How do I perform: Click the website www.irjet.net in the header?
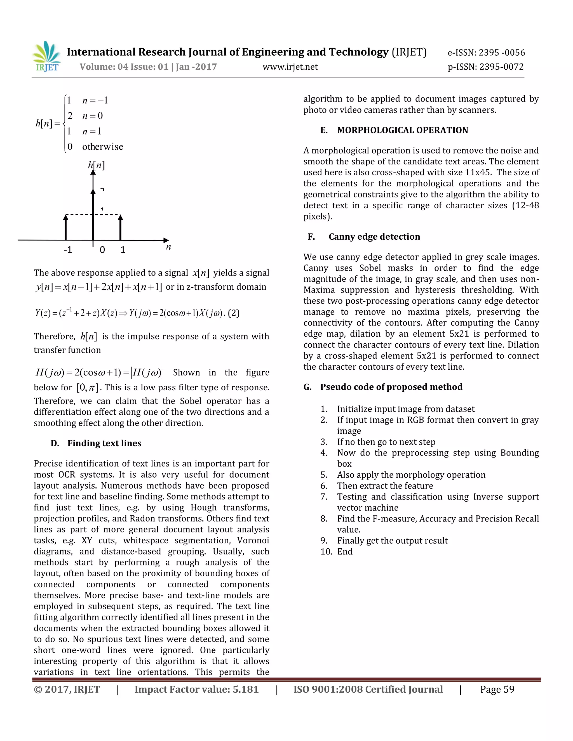(x=290, y=67)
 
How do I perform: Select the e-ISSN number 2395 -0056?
(x=502, y=53)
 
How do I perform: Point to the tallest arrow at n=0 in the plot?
(x=93, y=204)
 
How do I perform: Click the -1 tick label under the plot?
(x=68, y=250)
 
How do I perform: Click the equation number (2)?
(x=234, y=313)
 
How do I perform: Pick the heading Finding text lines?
(x=104, y=443)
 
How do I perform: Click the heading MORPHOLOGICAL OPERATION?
(x=402, y=130)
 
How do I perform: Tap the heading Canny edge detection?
(x=374, y=237)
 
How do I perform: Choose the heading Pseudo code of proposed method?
(x=391, y=387)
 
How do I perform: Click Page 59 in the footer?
(x=497, y=690)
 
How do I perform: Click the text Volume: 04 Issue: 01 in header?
(x=124, y=67)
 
